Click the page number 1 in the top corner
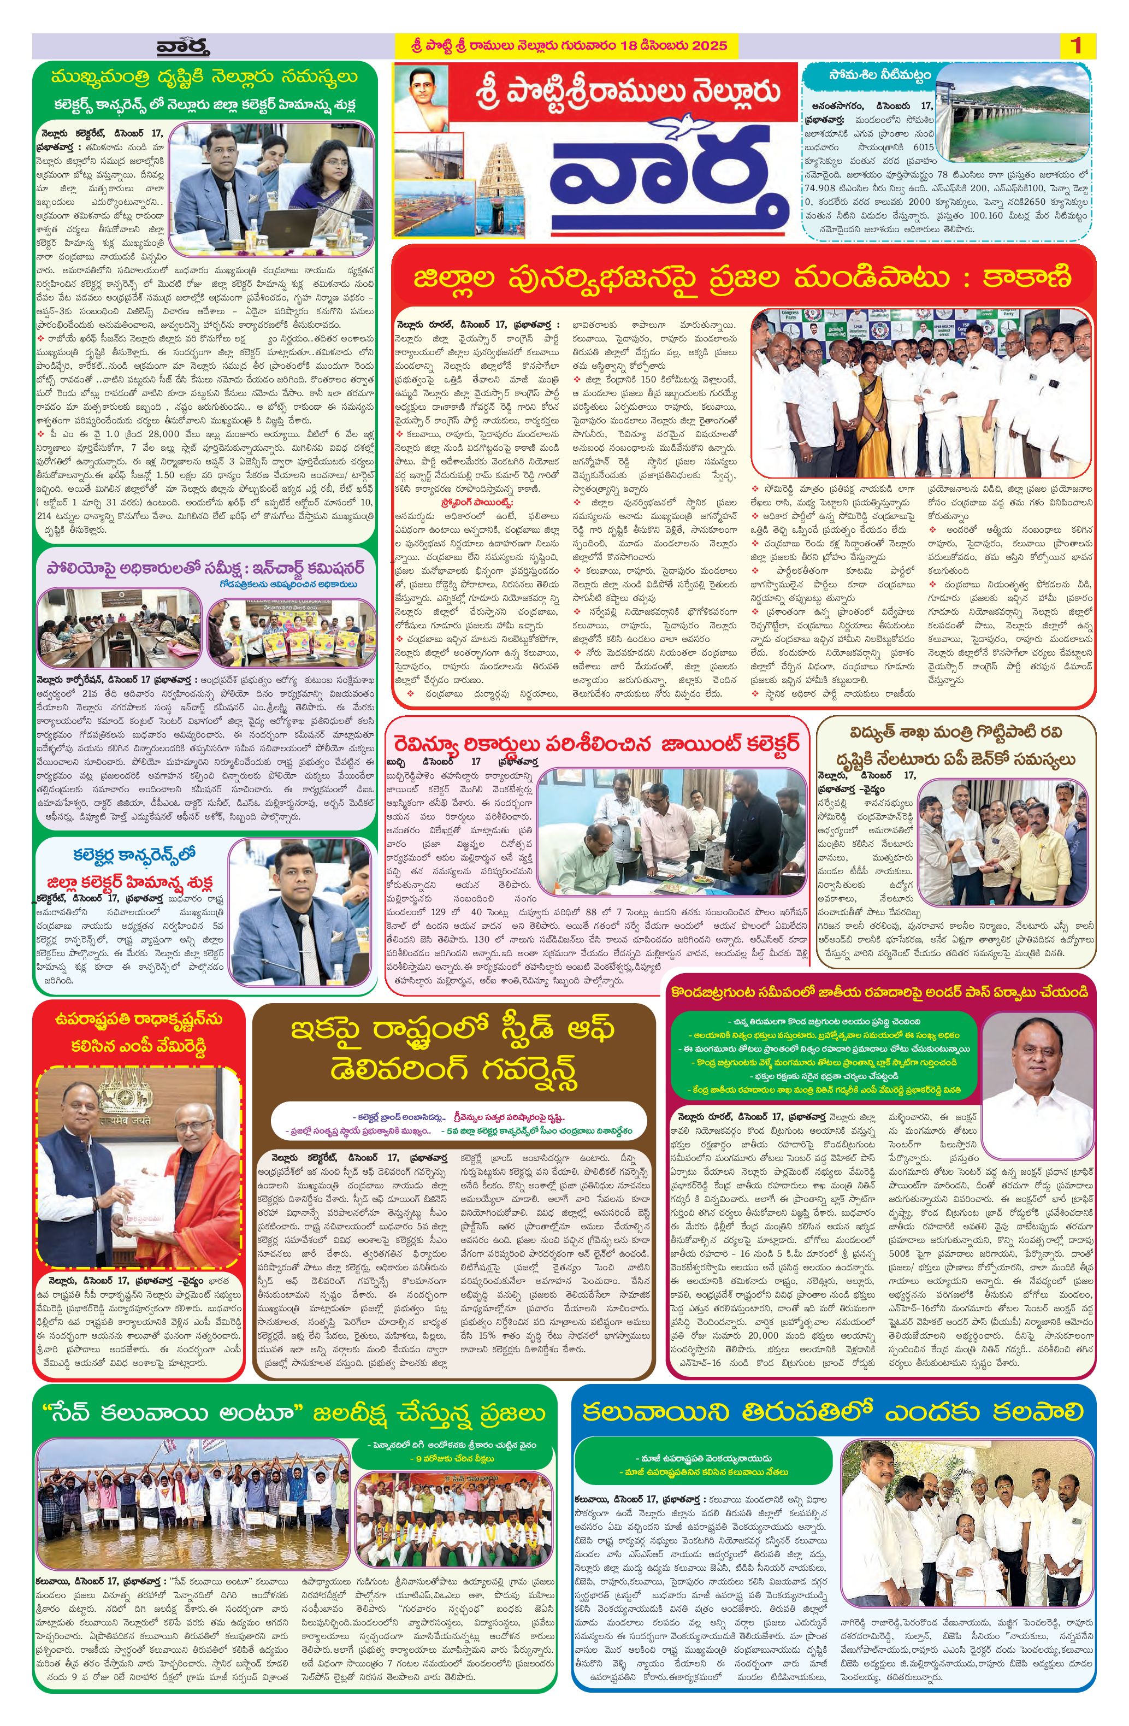coord(1076,46)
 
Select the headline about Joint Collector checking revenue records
coord(598,745)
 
